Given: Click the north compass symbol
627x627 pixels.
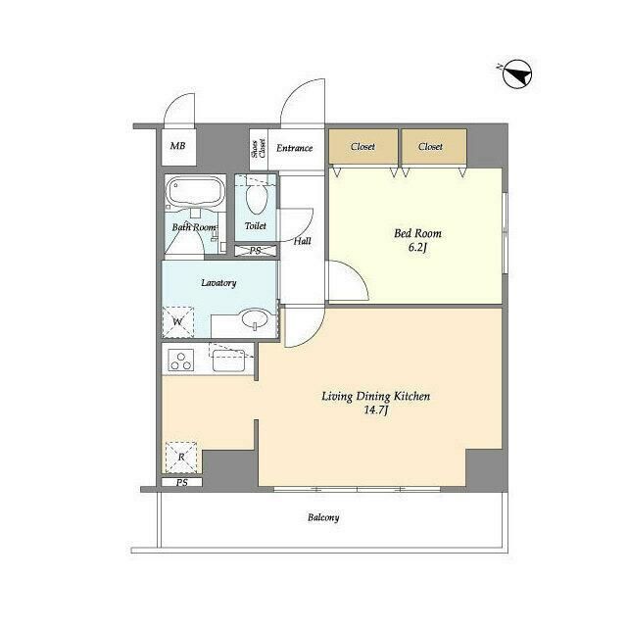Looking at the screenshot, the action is pos(516,74).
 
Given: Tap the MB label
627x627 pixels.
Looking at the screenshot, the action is pos(178,146).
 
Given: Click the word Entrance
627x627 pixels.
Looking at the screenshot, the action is pos(294,148).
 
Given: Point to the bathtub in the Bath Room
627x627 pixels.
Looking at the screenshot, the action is pos(195,193).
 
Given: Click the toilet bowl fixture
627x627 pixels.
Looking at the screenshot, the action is pos(257,198).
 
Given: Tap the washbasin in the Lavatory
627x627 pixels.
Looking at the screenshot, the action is pos(255,319).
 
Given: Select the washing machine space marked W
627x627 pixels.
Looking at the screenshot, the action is pos(178,322).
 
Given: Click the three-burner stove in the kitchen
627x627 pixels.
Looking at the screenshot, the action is pos(180,360).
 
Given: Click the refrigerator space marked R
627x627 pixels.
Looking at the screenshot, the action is pos(181,458).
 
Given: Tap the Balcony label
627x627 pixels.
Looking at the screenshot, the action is pos(323,517).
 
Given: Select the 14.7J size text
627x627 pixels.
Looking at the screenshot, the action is pos(376,410).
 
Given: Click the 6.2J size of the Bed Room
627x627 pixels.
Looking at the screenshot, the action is pos(417,248).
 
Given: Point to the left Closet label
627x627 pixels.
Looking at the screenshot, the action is pos(362,146).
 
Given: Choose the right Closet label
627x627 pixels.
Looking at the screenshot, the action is pos(430,146).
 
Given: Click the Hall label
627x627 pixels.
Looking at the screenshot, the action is pos(303,241).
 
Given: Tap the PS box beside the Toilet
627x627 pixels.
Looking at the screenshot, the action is pos(255,251).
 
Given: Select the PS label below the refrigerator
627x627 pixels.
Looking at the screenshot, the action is pos(182,483).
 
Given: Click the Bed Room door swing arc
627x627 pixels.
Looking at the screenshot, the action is pos(358,272).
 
